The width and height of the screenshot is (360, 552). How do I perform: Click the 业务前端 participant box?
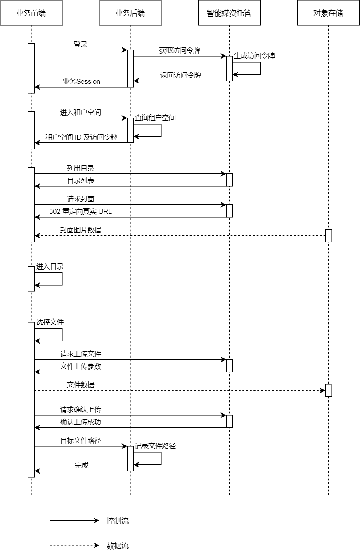[x=31, y=13]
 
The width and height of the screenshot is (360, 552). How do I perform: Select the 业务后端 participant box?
[x=130, y=13]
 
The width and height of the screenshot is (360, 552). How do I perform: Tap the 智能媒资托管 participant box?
[x=229, y=13]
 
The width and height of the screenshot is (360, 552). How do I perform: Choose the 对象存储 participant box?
[x=328, y=13]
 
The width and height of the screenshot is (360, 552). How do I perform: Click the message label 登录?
[x=81, y=45]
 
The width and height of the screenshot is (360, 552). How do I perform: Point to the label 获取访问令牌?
[x=180, y=51]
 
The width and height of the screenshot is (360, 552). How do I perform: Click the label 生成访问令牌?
[x=254, y=56]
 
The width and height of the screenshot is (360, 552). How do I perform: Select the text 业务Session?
[x=81, y=81]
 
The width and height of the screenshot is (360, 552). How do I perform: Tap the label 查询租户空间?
[x=155, y=118]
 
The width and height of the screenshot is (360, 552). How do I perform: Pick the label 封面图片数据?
[x=81, y=230]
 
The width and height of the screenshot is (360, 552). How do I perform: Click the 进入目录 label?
[x=50, y=267]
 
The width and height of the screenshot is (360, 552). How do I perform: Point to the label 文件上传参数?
[x=81, y=367]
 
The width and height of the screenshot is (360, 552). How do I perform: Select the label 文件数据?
[x=81, y=385]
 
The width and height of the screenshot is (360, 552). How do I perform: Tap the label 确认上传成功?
[x=81, y=422]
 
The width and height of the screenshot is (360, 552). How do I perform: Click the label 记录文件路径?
[x=155, y=446]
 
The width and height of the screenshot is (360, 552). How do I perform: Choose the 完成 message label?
[x=81, y=465]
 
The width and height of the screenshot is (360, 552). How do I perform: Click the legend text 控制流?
[x=118, y=521]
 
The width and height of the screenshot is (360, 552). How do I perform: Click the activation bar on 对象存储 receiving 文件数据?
[x=328, y=390]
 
